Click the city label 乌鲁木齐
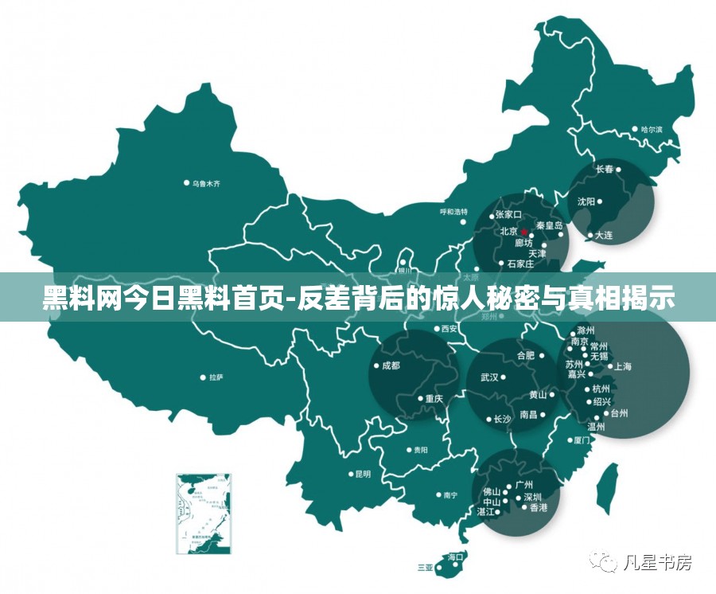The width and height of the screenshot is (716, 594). pyautogui.click(x=205, y=183)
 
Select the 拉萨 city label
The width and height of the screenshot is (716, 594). pyautogui.click(x=216, y=377)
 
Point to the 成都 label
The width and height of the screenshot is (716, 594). pyautogui.click(x=391, y=366)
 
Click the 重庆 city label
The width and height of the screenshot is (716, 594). pyautogui.click(x=434, y=399)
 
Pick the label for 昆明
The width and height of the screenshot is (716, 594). pyautogui.click(x=363, y=474)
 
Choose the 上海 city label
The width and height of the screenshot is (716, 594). pyautogui.click(x=623, y=366)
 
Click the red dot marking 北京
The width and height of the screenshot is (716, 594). pyautogui.click(x=524, y=233)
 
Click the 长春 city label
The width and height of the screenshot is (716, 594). pyautogui.click(x=605, y=169)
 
